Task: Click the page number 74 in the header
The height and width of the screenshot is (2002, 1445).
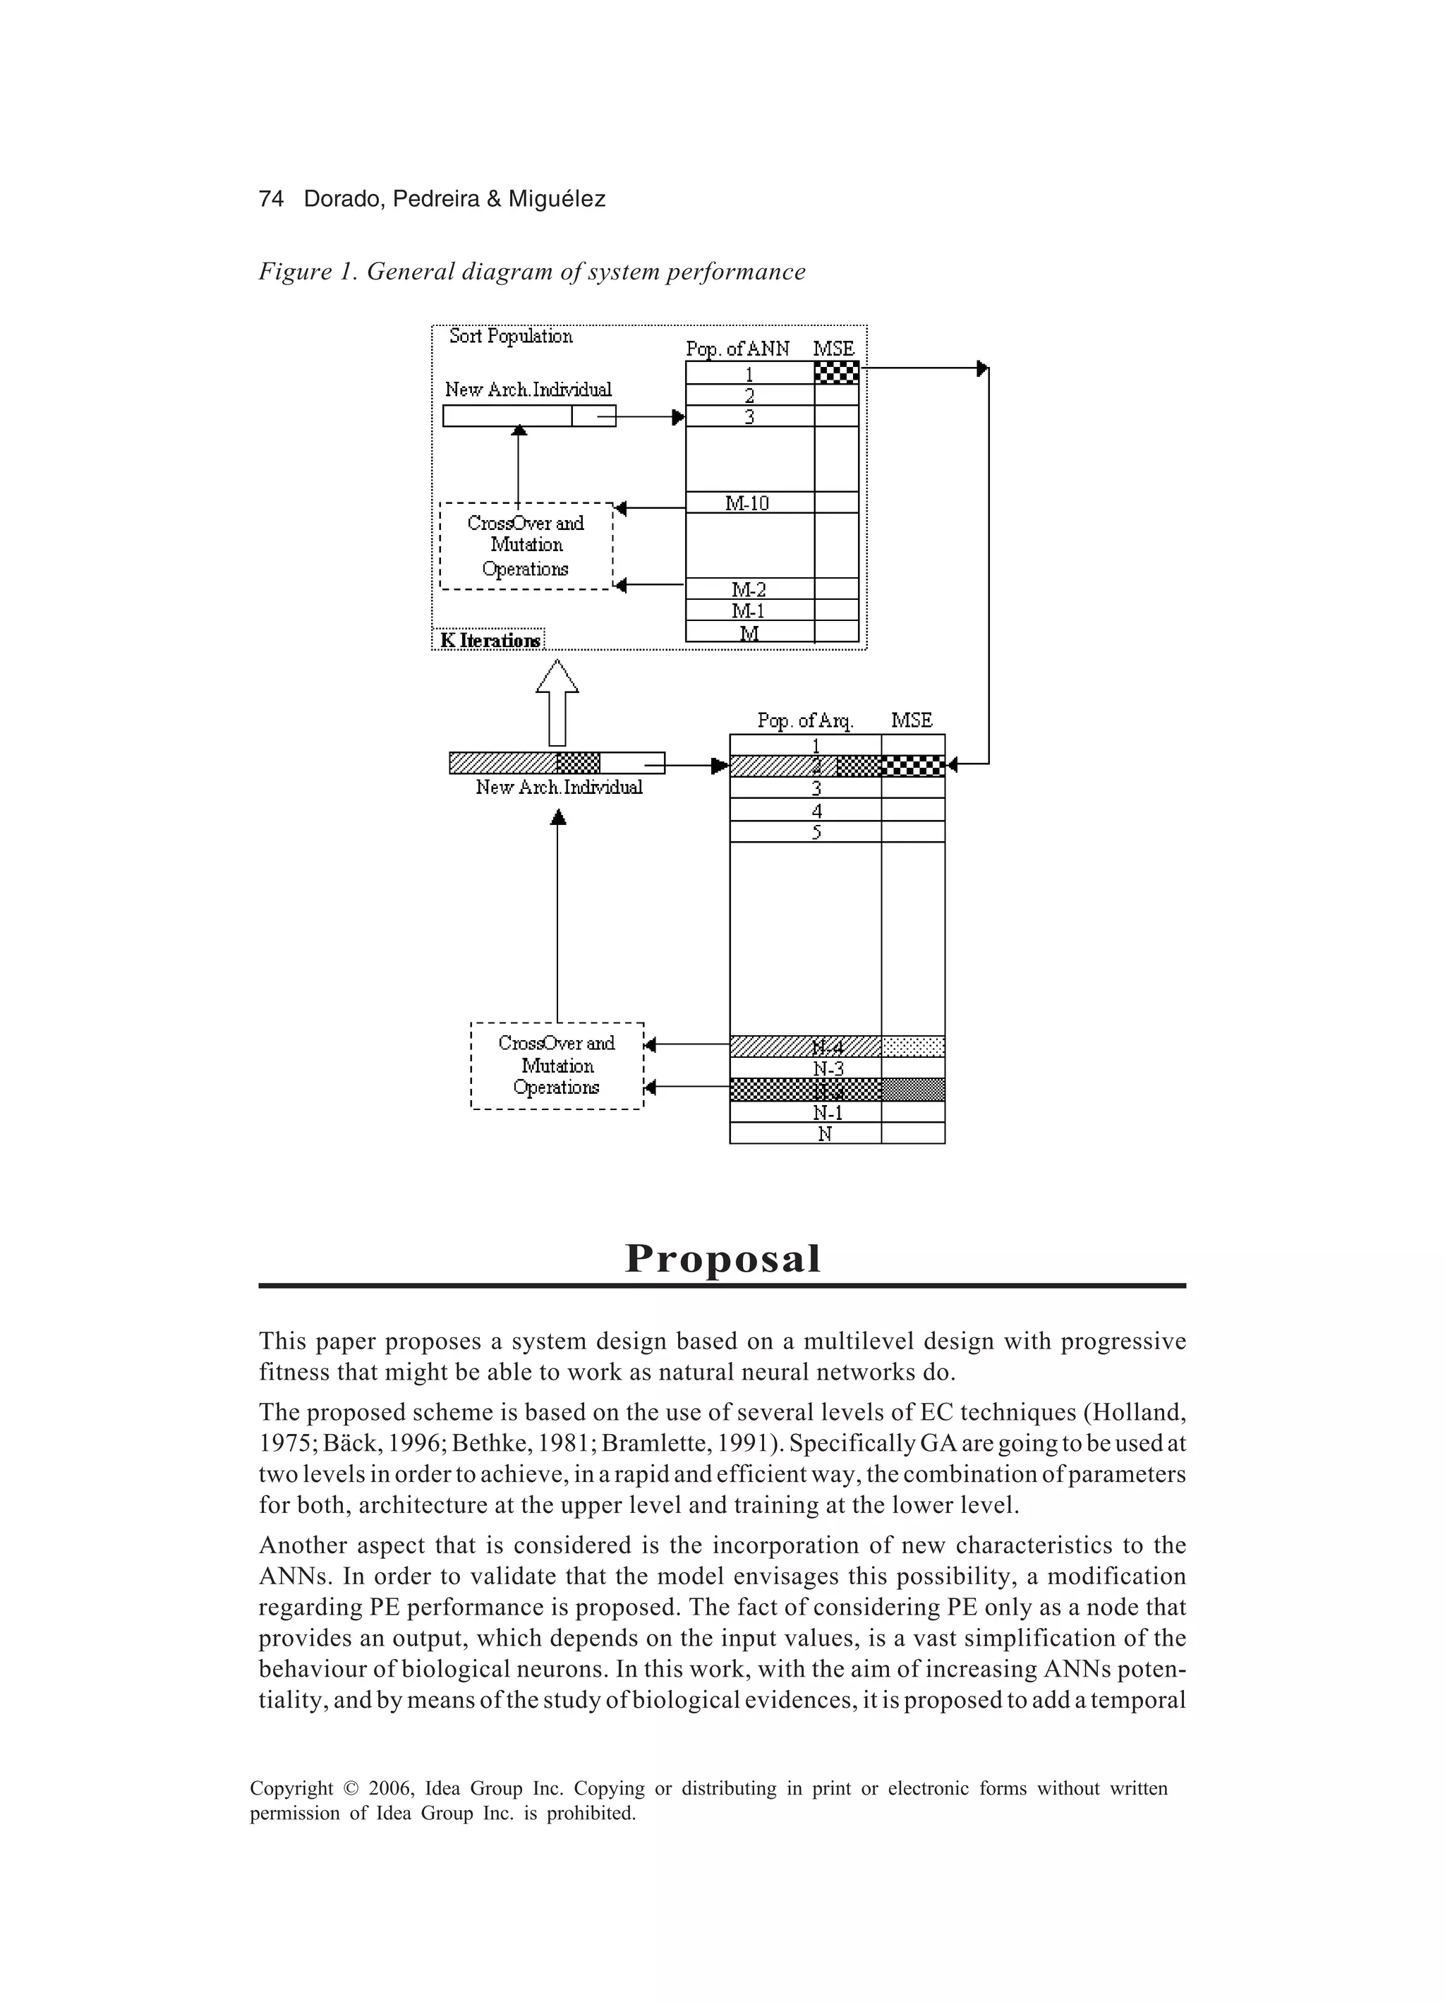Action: (271, 200)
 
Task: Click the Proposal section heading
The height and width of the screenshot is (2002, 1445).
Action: (723, 1258)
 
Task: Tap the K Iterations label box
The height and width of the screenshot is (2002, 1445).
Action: (489, 640)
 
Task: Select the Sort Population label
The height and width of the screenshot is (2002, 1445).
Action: (511, 337)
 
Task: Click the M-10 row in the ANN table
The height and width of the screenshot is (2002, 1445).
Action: (748, 503)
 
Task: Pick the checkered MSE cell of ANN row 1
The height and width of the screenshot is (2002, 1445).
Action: (836, 373)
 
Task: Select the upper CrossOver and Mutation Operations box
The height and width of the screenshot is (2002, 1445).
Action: (526, 545)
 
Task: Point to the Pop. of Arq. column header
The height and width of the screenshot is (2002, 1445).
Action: (805, 721)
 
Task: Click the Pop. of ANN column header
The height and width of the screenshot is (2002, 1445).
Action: (738, 349)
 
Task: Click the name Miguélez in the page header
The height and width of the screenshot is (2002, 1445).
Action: (557, 200)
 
